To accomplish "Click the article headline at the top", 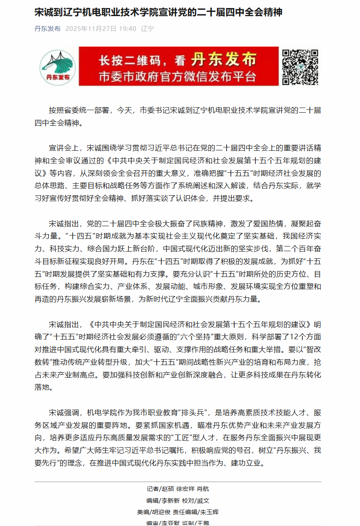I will click(158, 13).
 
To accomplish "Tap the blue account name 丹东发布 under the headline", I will click(47, 29).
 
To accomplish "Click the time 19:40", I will click(127, 29).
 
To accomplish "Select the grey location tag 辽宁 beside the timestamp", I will click(147, 29).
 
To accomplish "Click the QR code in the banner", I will click(300, 66).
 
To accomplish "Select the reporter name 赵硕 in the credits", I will click(168, 488).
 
